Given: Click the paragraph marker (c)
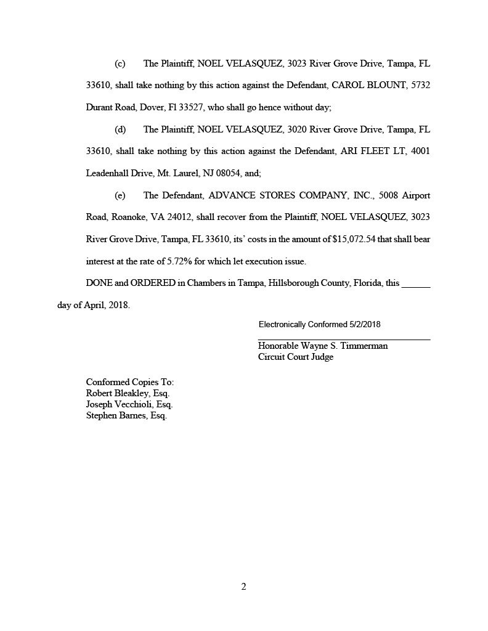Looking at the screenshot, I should click(x=120, y=63).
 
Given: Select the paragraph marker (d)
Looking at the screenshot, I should click(x=120, y=129).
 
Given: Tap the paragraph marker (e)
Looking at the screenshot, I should click(x=120, y=195).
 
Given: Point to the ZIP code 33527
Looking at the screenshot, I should click(x=188, y=108).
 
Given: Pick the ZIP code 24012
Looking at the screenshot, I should click(x=179, y=218).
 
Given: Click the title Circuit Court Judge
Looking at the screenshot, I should click(x=296, y=357).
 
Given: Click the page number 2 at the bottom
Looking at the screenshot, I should click(x=243, y=587).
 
